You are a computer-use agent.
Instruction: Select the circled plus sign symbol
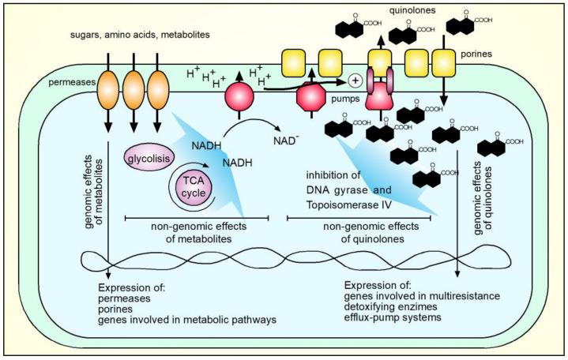click(355, 80)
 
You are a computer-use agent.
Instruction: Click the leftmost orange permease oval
click(111, 88)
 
